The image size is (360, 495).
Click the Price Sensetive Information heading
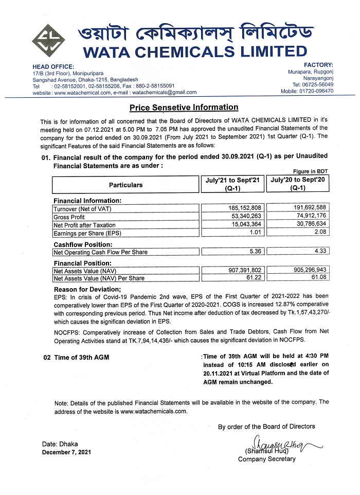tap(184, 108)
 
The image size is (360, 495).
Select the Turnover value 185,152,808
tap(248, 208)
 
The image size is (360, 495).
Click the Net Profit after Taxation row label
tap(84, 225)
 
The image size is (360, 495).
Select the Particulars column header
tap(125, 185)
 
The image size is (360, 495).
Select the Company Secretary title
tap(266, 459)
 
